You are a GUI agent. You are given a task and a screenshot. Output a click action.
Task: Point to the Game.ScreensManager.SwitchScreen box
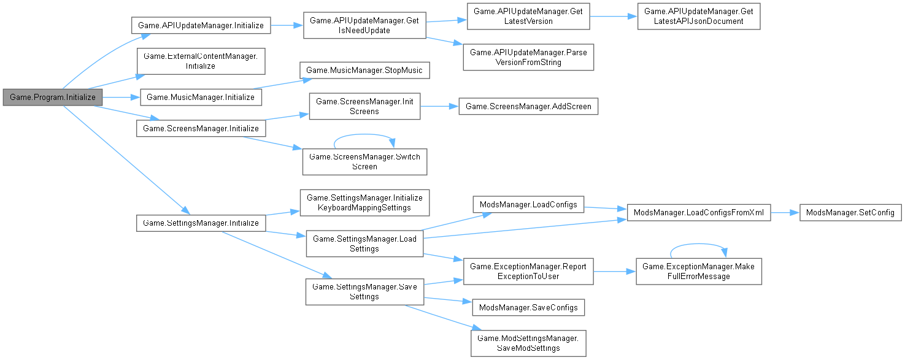(x=364, y=161)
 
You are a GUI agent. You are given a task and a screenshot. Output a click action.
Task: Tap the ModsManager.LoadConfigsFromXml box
(x=698, y=212)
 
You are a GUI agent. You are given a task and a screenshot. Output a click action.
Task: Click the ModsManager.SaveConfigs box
(x=528, y=307)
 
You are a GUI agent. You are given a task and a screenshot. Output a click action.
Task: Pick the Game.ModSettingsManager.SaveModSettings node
(x=528, y=343)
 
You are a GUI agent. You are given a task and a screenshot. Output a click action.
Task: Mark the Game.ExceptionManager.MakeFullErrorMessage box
(x=698, y=271)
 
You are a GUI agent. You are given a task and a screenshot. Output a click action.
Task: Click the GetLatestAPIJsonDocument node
(x=699, y=17)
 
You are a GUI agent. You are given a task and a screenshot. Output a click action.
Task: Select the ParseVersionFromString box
(x=528, y=57)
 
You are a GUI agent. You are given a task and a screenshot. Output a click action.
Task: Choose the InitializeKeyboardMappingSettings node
(x=364, y=202)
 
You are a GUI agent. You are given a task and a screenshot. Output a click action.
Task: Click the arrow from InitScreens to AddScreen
(x=439, y=106)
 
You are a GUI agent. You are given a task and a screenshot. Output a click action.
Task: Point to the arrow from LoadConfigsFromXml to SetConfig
(x=785, y=212)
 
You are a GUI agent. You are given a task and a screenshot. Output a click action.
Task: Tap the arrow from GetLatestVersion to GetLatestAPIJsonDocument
(x=614, y=17)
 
